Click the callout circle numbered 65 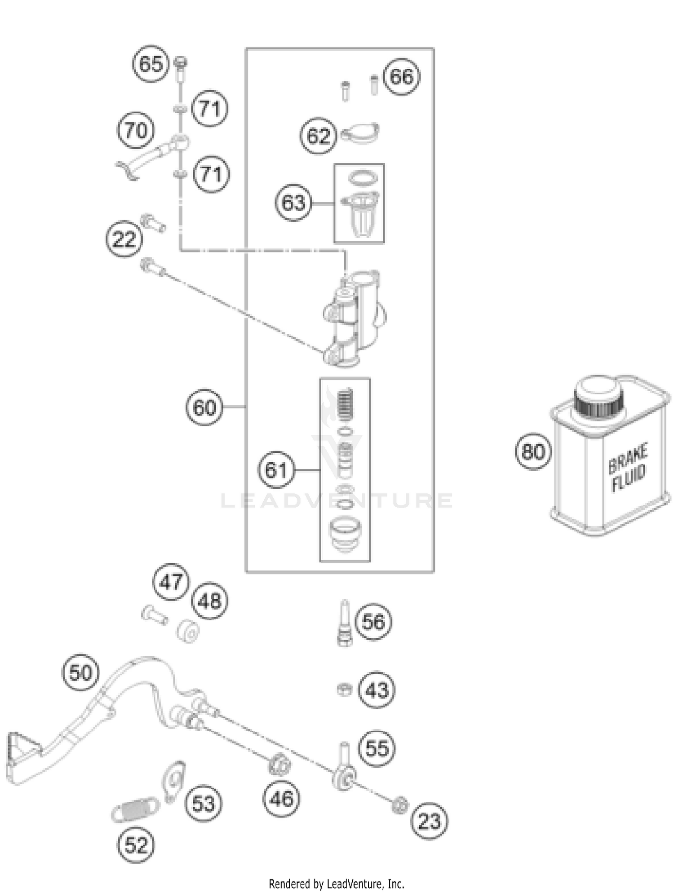(x=151, y=64)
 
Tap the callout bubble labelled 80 (x=533, y=451)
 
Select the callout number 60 (x=204, y=407)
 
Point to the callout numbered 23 (x=430, y=821)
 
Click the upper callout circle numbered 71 (x=210, y=109)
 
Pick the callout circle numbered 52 (x=136, y=845)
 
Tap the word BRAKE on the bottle (x=628, y=458)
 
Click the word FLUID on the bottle (x=629, y=479)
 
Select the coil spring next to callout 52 (x=135, y=809)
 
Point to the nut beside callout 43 (x=344, y=689)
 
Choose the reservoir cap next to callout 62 (x=359, y=134)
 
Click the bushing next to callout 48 (x=188, y=631)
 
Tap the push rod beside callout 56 (x=345, y=623)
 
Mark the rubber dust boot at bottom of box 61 (x=345, y=532)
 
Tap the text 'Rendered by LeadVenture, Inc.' (x=337, y=884)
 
